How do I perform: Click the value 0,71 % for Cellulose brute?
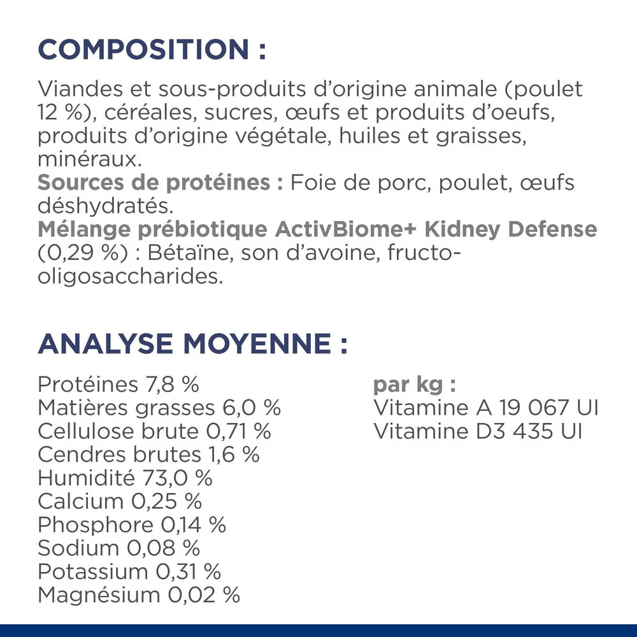(x=238, y=431)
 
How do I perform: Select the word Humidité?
(x=86, y=478)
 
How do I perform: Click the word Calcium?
(x=80, y=501)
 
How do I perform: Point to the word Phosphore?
(x=96, y=525)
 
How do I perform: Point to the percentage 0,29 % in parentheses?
(x=80, y=254)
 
